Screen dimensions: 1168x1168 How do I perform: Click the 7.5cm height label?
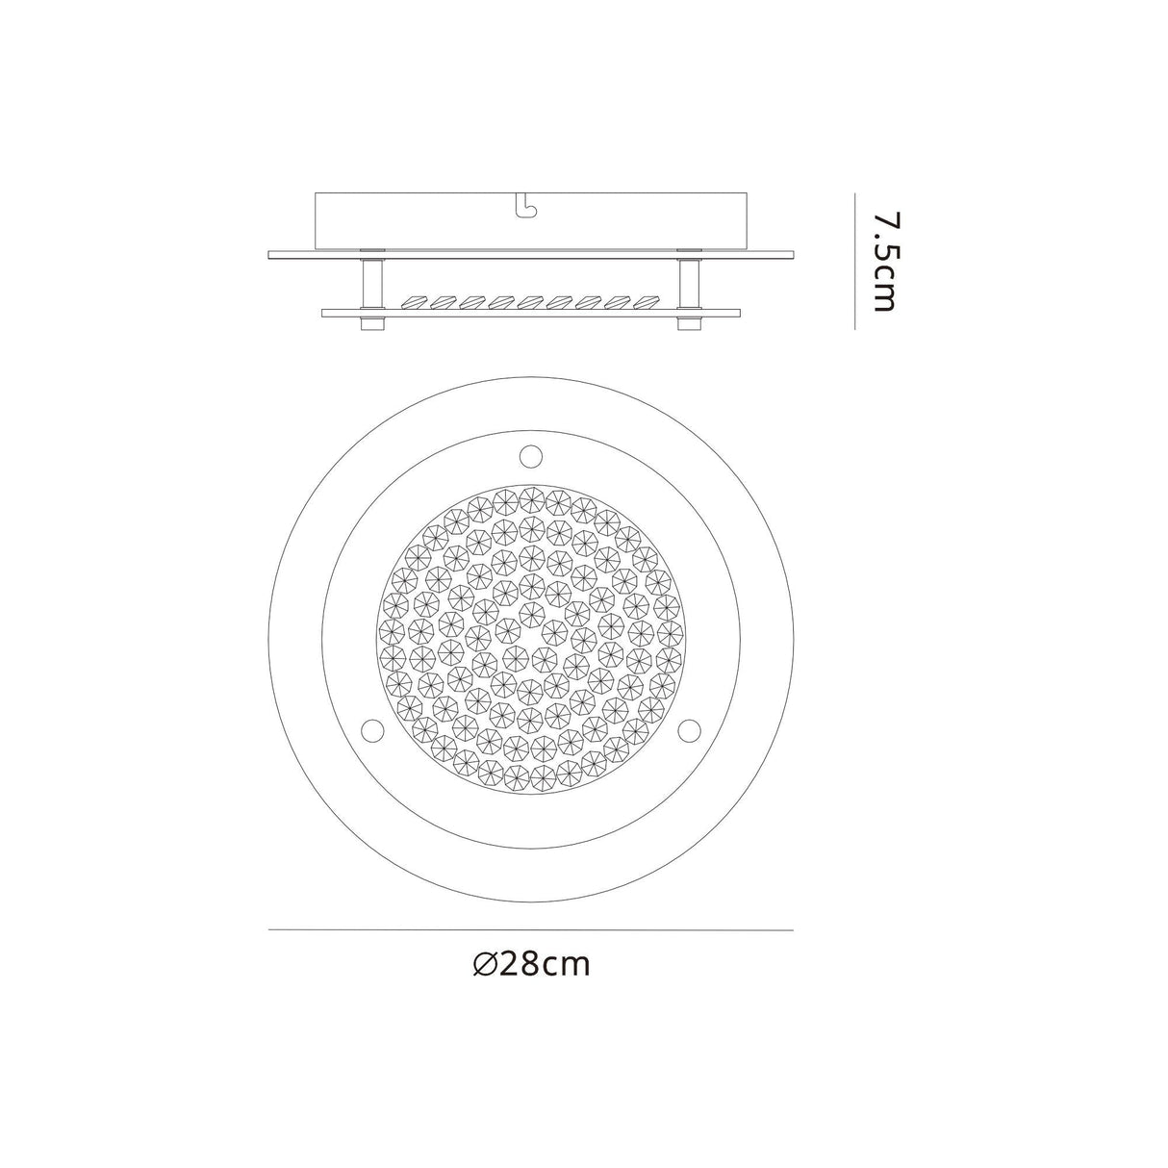click(x=882, y=262)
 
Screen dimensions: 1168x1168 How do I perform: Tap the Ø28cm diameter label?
click(x=532, y=964)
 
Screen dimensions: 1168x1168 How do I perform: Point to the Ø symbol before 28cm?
click(x=486, y=964)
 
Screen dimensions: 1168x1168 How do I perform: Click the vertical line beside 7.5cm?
click(x=854, y=262)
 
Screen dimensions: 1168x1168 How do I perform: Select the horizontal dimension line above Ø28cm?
click(x=530, y=930)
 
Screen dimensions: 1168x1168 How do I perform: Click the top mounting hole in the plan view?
click(x=530, y=452)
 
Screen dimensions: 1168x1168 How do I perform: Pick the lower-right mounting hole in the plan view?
click(x=689, y=730)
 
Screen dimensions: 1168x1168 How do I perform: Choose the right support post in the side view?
click(x=689, y=283)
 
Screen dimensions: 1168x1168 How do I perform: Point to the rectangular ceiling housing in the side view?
click(x=530, y=220)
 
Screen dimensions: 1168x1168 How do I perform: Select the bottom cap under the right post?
click(x=689, y=323)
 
